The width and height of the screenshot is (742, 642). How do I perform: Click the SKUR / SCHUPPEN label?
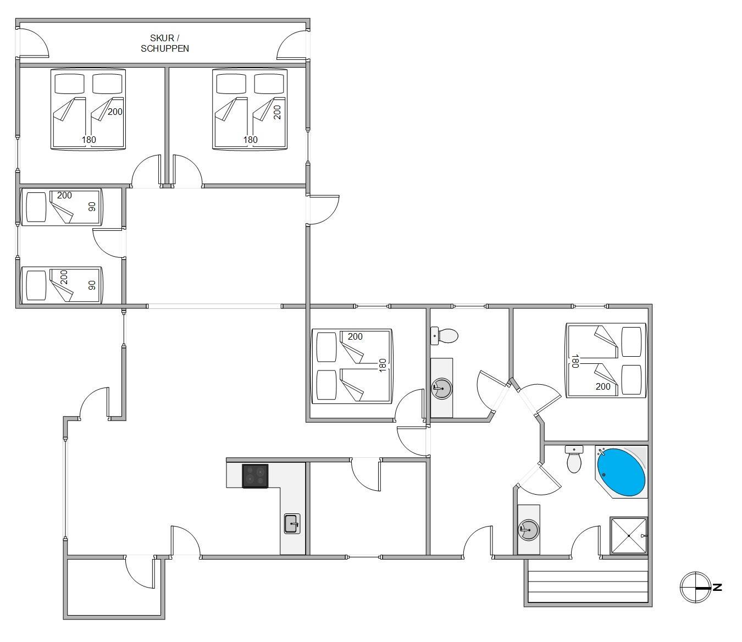165,43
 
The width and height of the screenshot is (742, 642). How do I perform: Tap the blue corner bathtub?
621,472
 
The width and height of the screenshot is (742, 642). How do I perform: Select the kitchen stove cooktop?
255,476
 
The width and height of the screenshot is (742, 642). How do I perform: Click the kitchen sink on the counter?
292,524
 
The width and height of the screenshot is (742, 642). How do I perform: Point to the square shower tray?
629,536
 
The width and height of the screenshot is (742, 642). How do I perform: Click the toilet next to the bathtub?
574,459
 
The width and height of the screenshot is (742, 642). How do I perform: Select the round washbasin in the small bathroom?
441,388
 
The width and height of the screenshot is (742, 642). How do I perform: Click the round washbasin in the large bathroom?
529,530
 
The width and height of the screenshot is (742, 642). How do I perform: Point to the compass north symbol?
696,588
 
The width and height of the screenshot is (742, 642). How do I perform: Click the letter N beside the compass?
717,588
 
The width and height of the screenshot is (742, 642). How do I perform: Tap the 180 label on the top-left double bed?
88,140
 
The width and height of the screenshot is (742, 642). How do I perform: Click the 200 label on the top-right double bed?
277,112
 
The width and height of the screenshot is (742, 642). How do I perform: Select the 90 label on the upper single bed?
92,207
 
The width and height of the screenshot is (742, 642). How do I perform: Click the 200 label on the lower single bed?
64,277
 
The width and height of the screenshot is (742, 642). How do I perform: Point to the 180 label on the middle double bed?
383,365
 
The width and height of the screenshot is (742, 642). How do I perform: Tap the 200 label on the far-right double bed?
603,387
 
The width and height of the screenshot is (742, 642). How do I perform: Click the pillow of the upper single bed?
36,207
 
